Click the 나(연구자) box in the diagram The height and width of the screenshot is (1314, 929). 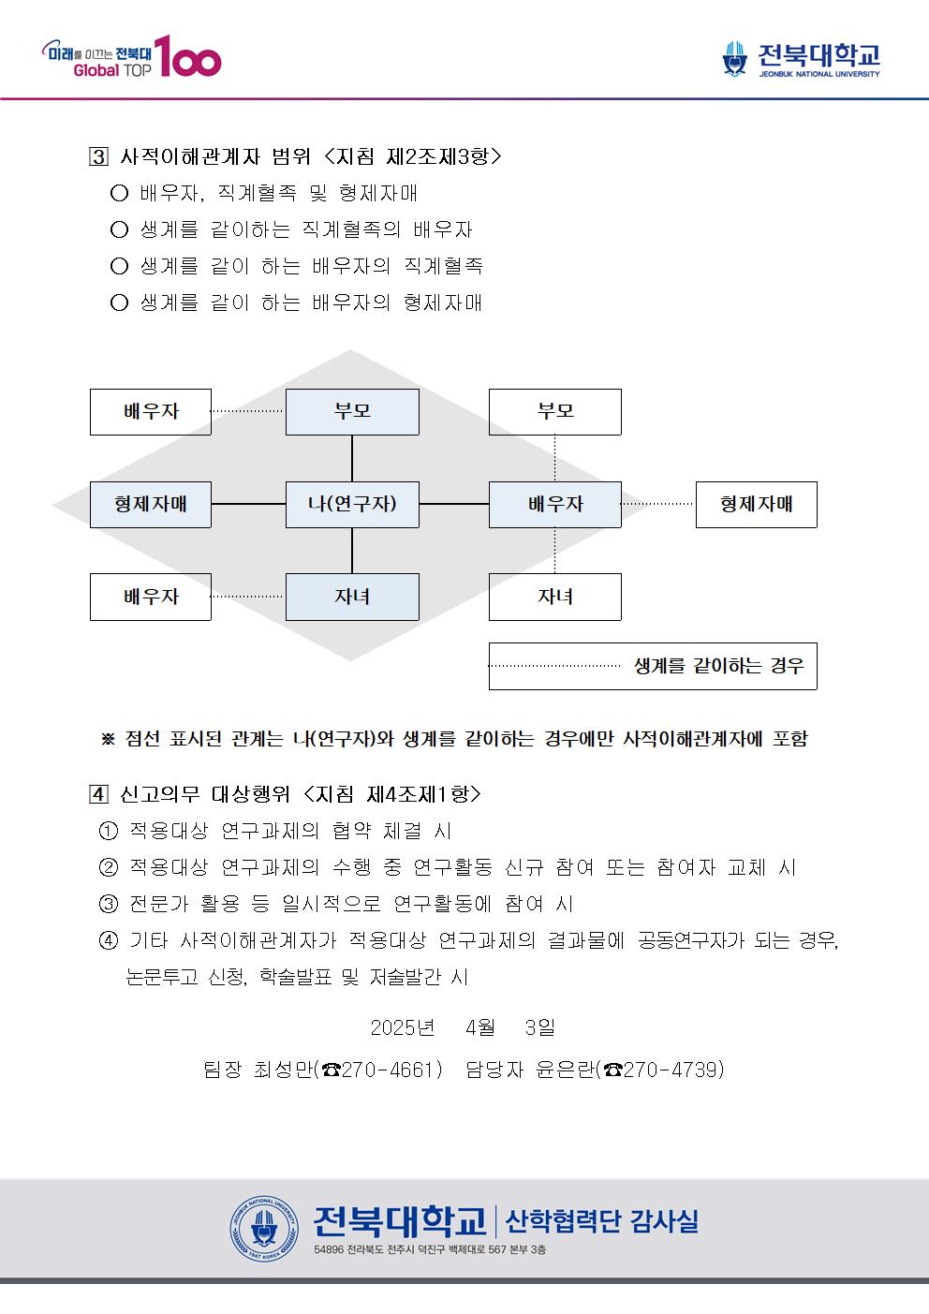[x=352, y=505]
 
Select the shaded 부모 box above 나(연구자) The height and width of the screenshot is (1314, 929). [x=352, y=412]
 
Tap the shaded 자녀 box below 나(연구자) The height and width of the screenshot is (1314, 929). [x=352, y=597]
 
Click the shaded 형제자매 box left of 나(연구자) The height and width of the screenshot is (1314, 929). [x=151, y=505]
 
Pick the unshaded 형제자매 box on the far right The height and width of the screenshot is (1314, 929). [x=757, y=505]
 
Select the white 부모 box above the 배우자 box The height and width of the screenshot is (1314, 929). [x=555, y=412]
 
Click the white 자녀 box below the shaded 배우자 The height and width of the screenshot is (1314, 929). [x=555, y=597]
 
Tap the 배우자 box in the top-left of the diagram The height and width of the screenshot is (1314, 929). [x=151, y=412]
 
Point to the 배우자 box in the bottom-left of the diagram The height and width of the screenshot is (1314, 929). [x=151, y=597]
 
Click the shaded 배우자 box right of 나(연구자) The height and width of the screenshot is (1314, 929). [x=555, y=505]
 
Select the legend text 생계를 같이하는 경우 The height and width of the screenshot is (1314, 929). [x=719, y=666]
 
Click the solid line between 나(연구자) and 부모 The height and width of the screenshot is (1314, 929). [x=352, y=458]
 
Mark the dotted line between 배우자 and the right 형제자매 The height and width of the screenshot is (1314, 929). [x=658, y=504]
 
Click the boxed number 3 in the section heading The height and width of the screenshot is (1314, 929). [x=98, y=156]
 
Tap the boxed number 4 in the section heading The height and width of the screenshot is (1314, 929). [x=98, y=794]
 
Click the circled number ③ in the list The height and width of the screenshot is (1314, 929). [x=109, y=904]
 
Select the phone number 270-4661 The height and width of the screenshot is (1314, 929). [x=391, y=1070]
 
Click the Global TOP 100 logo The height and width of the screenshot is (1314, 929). [x=131, y=56]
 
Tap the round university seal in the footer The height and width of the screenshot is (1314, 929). [x=264, y=1229]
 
